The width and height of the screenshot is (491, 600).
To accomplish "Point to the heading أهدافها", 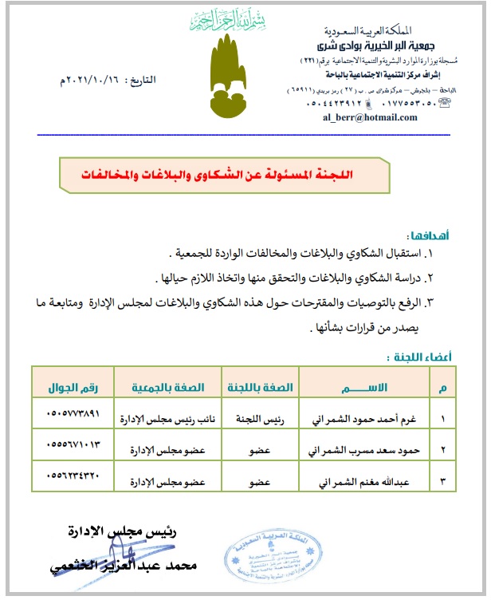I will click(431, 236).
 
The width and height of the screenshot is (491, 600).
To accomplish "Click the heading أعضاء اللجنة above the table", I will click(422, 357).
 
